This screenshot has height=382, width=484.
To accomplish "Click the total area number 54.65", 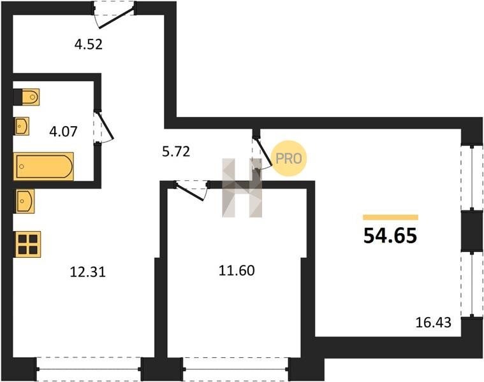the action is click(390, 236).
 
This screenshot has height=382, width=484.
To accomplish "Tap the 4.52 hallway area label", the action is click(88, 45).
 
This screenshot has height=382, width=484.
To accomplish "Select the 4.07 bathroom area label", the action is click(63, 132).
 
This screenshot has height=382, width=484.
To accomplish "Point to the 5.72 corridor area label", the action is click(176, 152).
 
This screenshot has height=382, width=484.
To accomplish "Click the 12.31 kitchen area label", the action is click(88, 272).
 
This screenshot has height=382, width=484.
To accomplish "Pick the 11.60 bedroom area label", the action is click(237, 271).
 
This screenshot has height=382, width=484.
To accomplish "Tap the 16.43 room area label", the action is click(434, 323).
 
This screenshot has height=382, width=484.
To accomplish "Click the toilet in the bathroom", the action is click(27, 97).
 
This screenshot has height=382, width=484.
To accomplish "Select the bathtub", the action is click(43, 166).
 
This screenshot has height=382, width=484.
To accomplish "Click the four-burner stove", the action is click(28, 244).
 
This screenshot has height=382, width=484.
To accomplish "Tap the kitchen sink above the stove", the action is click(25, 201).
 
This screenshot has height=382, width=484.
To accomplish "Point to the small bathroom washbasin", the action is click(22, 126).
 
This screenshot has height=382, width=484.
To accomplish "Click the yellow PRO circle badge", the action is click(289, 159).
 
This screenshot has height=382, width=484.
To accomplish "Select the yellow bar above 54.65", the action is click(390, 217).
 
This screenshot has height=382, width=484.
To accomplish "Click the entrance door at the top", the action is click(114, 15).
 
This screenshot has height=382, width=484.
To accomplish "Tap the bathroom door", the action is click(103, 127).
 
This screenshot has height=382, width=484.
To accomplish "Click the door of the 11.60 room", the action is click(191, 190).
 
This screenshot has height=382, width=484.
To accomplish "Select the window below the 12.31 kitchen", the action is click(89, 369).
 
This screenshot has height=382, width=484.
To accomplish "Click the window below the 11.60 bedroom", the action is click(236, 369).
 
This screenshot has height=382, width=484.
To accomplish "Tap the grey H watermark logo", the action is click(242, 188).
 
